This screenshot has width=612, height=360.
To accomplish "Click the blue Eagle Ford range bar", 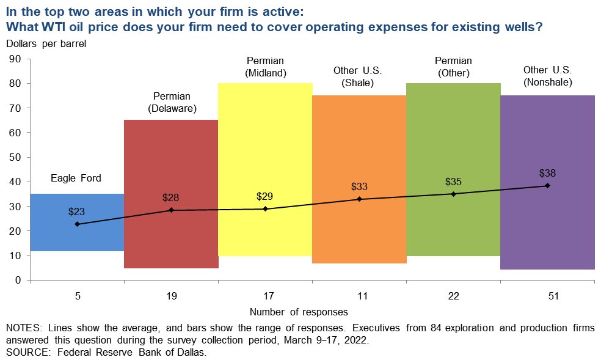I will click(x=78, y=238).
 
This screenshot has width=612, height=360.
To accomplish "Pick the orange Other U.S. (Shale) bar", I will click(x=359, y=147).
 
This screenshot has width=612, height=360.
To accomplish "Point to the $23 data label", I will click(x=76, y=212).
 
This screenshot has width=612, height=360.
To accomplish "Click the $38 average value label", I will click(x=547, y=173).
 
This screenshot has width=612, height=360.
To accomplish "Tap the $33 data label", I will click(x=359, y=186).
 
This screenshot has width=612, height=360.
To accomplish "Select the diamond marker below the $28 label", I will click(x=171, y=210).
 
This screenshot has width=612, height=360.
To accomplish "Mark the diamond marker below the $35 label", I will click(x=453, y=194).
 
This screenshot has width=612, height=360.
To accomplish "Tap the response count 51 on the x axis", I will click(x=547, y=296).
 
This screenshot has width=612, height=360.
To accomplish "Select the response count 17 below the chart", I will click(x=265, y=296).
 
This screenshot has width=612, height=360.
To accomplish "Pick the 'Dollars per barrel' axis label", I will click(x=47, y=43).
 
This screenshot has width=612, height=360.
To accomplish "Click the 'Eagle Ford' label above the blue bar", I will click(x=76, y=178).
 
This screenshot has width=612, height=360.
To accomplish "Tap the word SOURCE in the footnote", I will click(x=27, y=352).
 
